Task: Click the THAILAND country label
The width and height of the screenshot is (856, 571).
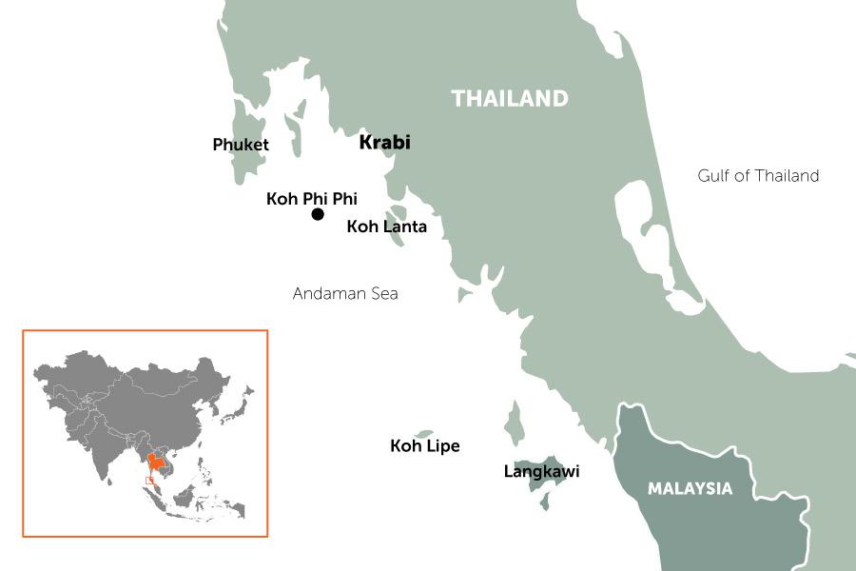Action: [510, 98]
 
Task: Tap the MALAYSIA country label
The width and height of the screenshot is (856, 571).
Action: [691, 489]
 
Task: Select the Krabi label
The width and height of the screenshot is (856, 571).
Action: [384, 143]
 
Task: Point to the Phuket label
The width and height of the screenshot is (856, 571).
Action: [241, 145]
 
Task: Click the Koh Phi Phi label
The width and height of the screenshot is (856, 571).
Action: [312, 199]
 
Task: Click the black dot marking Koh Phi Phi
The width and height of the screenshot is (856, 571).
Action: [318, 215]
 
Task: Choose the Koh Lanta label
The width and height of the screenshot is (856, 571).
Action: [386, 226]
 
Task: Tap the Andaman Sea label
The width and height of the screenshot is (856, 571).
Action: [345, 294]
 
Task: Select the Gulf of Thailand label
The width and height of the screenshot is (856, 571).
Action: [758, 176]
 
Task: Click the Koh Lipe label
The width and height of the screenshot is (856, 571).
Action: [425, 445]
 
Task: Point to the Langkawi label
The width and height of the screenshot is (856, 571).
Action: [541, 471]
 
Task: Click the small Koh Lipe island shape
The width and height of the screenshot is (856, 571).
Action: [424, 433]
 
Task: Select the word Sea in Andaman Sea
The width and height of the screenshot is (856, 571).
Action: [383, 294]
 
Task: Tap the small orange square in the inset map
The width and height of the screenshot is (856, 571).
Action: [150, 481]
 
